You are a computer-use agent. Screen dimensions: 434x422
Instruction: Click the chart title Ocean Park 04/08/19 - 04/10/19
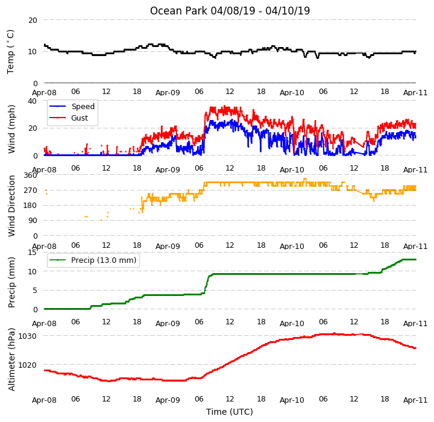tap(230, 11)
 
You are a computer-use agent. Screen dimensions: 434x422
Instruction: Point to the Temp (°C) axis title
tap(10, 52)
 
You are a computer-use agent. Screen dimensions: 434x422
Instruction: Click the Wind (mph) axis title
tap(11, 129)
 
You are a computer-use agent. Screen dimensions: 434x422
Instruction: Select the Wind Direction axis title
tap(11, 206)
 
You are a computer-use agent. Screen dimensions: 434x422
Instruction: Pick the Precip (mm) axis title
tap(11, 283)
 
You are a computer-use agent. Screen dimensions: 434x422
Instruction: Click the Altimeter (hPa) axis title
tap(11, 359)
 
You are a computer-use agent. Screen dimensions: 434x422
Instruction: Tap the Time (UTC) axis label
tap(230, 412)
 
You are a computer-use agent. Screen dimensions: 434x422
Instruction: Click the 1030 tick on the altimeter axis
tap(27, 336)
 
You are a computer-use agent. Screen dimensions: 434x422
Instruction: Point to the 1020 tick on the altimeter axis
tap(27, 365)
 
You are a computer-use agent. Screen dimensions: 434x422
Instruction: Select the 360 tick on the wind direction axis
tap(31, 175)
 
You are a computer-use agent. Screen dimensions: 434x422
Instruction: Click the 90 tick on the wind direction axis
tap(33, 221)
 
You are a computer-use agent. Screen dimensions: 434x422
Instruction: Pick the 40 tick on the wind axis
tap(33, 101)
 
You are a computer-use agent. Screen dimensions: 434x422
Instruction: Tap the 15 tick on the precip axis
tap(33, 252)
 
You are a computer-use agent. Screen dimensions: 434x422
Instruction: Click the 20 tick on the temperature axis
tap(33, 20)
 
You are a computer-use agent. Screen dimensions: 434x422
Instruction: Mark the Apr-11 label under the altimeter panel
tap(415, 400)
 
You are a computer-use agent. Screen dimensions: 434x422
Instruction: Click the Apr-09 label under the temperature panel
tap(168, 92)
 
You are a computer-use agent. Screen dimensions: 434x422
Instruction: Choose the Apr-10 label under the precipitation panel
tap(292, 323)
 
